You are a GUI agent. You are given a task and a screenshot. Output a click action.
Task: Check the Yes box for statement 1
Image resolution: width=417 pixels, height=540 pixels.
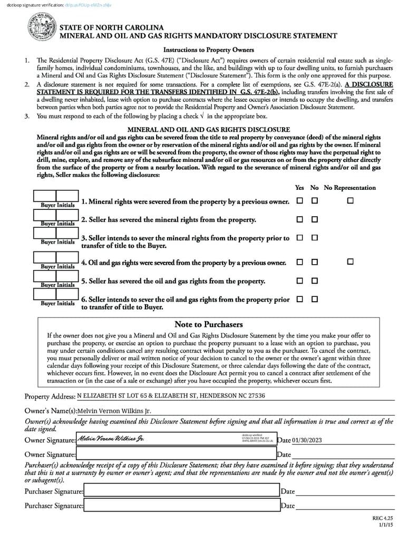[299, 201]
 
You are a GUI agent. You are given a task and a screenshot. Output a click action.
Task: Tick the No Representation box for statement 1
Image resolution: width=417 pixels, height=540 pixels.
[350, 201]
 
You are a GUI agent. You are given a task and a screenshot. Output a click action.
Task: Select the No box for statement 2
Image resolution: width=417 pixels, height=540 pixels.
[315, 219]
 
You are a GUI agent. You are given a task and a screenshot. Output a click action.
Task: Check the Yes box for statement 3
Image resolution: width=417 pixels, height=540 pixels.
[299, 238]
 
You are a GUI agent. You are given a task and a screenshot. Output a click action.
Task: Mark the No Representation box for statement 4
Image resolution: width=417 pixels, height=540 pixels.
[350, 262]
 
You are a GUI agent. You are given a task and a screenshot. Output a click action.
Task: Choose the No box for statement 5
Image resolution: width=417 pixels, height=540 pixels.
[315, 281]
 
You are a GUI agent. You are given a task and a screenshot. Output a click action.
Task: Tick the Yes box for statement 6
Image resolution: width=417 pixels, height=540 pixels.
[299, 299]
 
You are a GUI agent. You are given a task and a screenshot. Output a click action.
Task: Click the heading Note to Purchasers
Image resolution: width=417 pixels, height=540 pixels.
[208, 324]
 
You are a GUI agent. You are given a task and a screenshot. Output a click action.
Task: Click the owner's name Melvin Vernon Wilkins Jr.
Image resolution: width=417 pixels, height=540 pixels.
[110, 411]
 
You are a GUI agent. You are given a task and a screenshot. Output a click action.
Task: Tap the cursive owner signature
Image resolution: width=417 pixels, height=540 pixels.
[111, 439]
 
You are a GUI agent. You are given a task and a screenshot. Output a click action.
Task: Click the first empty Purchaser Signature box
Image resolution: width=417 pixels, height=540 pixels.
[181, 491]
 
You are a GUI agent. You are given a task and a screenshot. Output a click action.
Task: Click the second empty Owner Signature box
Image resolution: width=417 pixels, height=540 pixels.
[176, 454]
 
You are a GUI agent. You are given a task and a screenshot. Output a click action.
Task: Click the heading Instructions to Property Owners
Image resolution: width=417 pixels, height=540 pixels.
[208, 50]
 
